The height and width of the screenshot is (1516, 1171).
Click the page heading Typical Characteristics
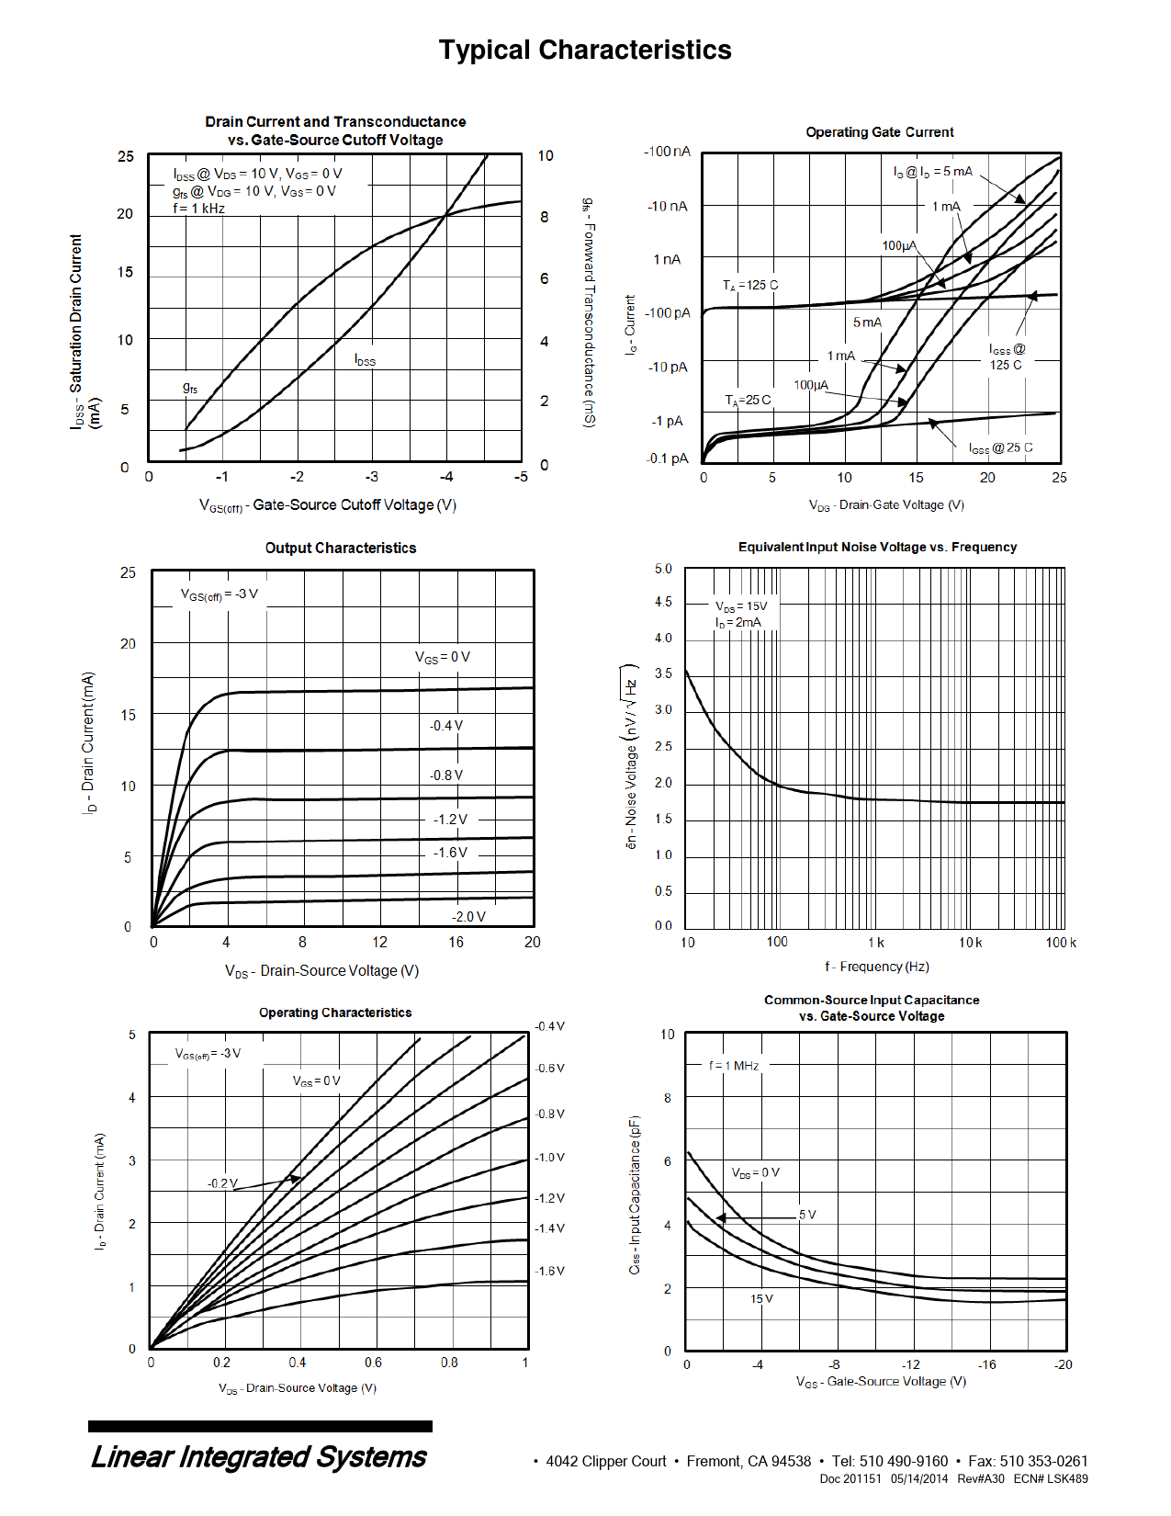pyautogui.click(x=585, y=50)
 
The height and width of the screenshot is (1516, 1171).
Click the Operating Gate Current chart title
pyautogui.click(x=879, y=132)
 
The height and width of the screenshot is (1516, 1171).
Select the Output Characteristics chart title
pyautogui.click(x=340, y=549)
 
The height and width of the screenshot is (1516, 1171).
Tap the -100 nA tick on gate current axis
pyautogui.click(x=667, y=152)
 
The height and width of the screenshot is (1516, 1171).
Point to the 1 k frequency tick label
pyautogui.click(x=875, y=943)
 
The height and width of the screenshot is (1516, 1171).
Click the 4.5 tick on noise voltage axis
pyautogui.click(x=663, y=603)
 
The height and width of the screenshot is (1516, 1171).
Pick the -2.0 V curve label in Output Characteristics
pyautogui.click(x=468, y=917)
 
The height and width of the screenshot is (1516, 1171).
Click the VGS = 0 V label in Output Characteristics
pyautogui.click(x=443, y=658)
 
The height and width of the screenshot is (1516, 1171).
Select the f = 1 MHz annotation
pyautogui.click(x=734, y=1066)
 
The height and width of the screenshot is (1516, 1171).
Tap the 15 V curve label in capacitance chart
pyautogui.click(x=761, y=1299)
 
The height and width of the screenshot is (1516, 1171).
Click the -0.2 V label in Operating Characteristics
pyautogui.click(x=222, y=1183)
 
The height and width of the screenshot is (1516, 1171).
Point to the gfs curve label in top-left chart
pyautogui.click(x=190, y=389)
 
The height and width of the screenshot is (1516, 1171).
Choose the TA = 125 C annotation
pyautogui.click(x=749, y=286)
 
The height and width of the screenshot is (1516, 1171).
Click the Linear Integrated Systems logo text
pyautogui.click(x=259, y=1457)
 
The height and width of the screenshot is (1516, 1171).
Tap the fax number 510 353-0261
pyautogui.click(x=1043, y=1462)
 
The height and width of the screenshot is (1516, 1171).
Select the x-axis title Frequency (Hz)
pyautogui.click(x=877, y=967)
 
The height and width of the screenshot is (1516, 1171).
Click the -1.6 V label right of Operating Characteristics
pyautogui.click(x=549, y=1272)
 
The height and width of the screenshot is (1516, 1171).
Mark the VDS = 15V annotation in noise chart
pyautogui.click(x=741, y=606)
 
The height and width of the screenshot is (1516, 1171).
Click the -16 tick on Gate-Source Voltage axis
pyautogui.click(x=986, y=1365)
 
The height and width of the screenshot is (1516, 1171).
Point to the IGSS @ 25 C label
pyautogui.click(x=1000, y=448)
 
